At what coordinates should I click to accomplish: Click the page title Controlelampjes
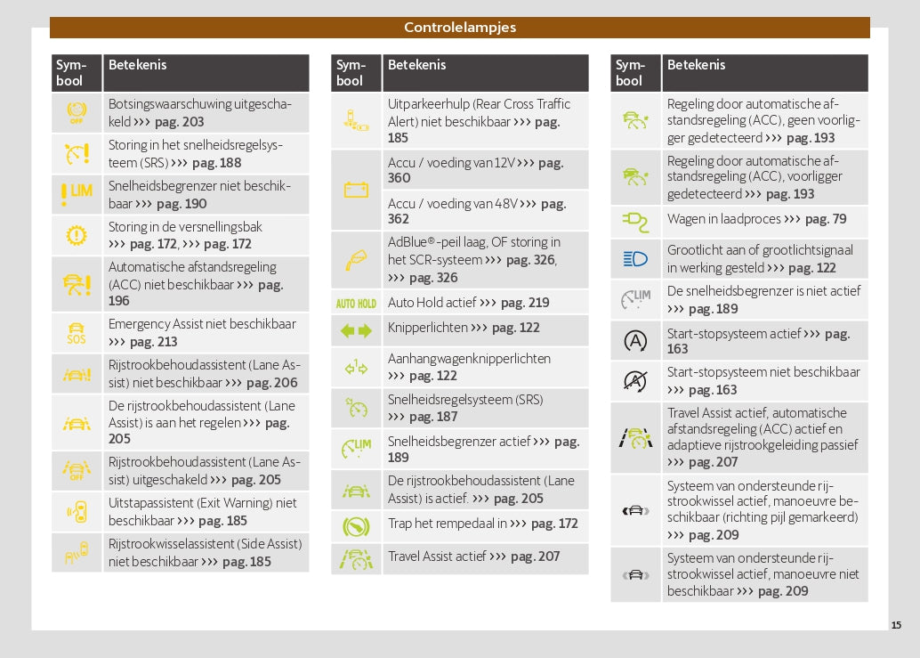459,28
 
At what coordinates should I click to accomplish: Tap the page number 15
896,625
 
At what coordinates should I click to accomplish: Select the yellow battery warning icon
356,190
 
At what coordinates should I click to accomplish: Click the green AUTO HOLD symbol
356,303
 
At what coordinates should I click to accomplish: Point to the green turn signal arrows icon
356,331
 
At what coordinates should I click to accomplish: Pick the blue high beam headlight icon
635,259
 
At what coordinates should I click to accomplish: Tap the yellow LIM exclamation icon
77,194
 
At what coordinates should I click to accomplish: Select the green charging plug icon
635,219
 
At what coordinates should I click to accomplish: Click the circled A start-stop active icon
635,340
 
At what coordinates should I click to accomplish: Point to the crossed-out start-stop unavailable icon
635,381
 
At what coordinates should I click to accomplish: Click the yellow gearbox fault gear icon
77,235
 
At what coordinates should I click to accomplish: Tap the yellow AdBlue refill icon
356,259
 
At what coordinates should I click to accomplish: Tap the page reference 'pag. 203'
180,122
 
